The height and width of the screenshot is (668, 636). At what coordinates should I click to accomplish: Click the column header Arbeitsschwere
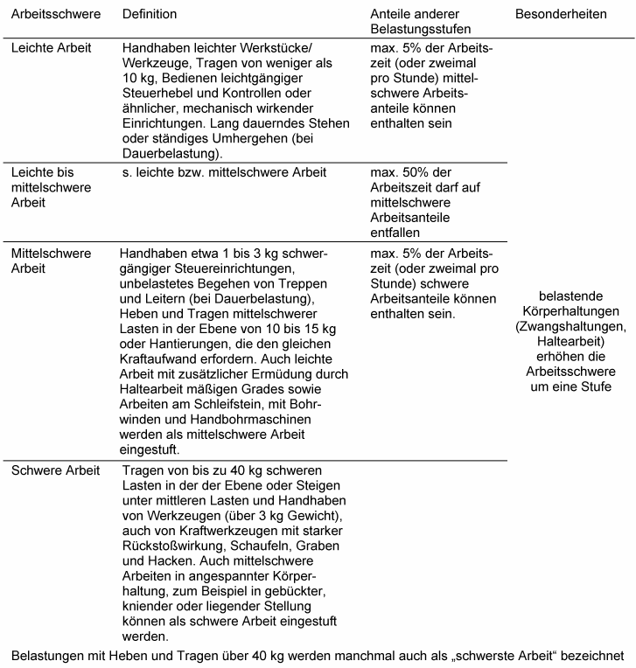[x=55, y=15]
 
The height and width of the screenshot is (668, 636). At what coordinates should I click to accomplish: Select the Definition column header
[x=150, y=15]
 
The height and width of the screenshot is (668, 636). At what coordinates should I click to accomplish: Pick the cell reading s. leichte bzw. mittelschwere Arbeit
[x=225, y=173]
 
